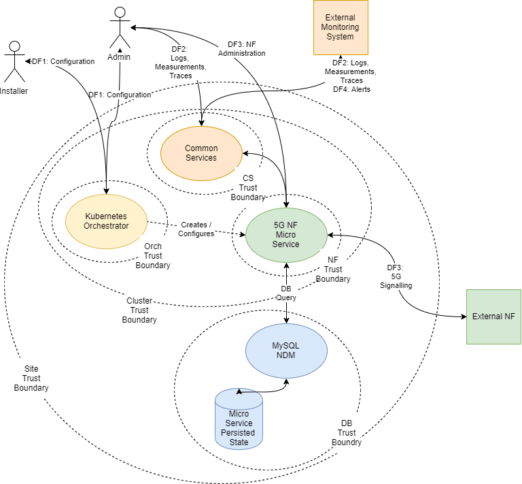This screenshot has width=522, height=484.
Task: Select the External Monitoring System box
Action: click(340, 27)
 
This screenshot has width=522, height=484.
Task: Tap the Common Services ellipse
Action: click(201, 153)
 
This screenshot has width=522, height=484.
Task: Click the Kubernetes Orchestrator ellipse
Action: click(105, 221)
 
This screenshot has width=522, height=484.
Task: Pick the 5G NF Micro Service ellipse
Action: click(285, 234)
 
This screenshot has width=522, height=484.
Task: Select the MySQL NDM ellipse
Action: click(285, 351)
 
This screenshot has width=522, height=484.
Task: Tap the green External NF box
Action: click(493, 317)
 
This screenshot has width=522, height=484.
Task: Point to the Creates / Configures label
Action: click(196, 229)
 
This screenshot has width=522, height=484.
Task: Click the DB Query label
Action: click(286, 293)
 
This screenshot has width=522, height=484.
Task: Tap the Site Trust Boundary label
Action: click(31, 378)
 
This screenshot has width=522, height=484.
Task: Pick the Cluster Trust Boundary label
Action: click(139, 310)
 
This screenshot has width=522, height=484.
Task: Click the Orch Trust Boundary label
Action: click(153, 256)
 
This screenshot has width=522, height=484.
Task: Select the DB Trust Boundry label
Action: click(347, 433)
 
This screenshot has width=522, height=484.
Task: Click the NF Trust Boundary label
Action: click(333, 270)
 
